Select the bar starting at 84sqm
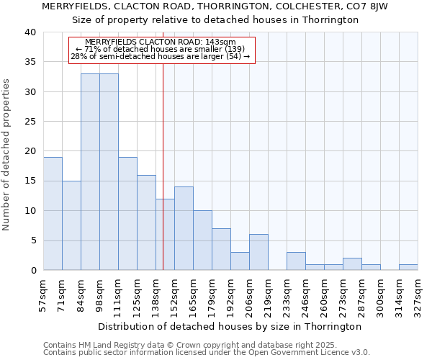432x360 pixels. coord(90,172)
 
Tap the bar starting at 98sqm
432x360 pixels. coord(109,172)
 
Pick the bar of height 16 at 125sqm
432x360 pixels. coord(146,222)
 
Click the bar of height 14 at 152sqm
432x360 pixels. coord(184,228)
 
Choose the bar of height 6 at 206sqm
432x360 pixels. coord(258,252)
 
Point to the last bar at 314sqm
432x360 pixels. coord(408,267)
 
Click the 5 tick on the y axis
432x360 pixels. coord(32,240)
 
